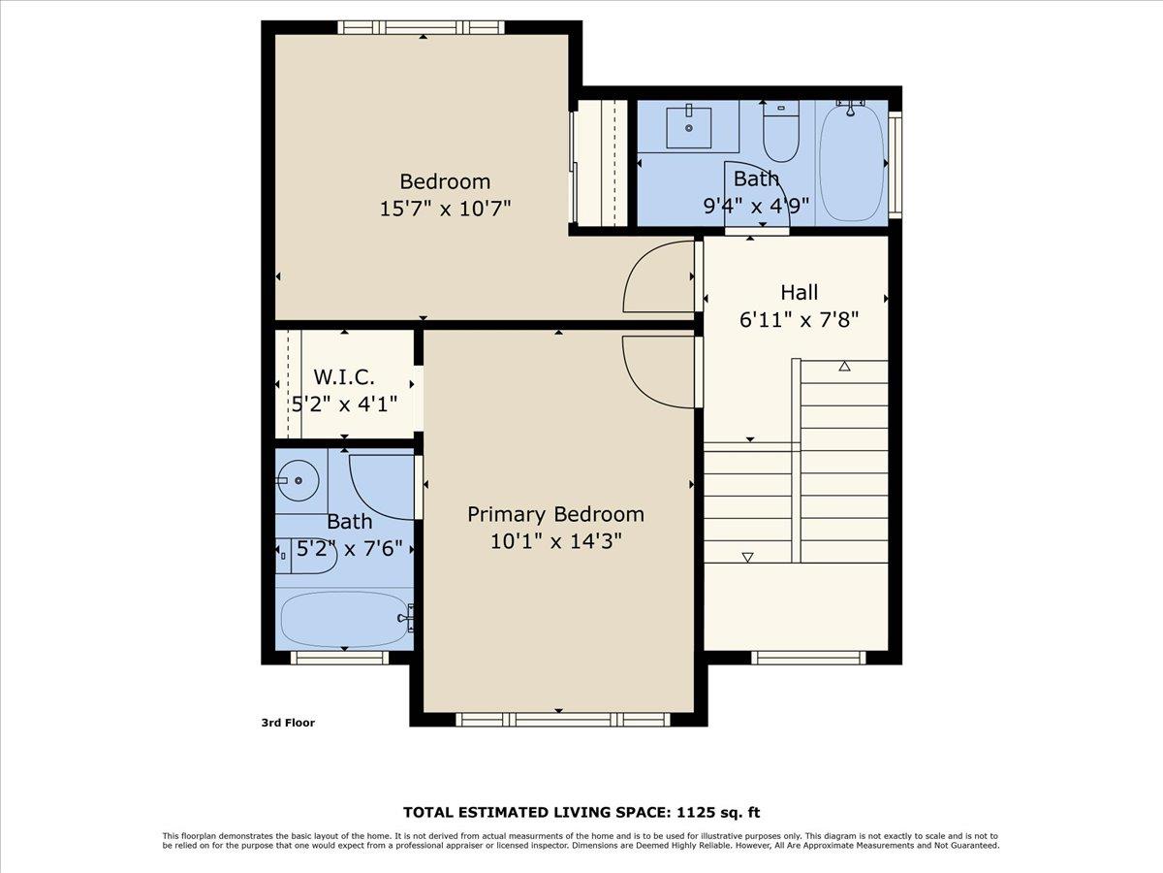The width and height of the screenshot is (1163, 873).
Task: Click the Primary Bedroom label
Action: point(555,514)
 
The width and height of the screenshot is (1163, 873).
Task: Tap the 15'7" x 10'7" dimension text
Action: point(445,208)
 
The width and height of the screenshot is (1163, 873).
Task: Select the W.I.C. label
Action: point(343,376)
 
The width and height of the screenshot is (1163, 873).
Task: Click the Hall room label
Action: point(799,292)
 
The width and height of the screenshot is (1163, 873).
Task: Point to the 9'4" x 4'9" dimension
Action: point(756,205)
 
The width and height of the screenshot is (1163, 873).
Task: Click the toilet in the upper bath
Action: point(780,137)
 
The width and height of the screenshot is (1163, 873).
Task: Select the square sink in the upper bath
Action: point(689,127)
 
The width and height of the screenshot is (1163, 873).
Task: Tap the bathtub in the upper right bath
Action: point(853,161)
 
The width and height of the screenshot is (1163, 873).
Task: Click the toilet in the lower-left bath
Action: point(304,555)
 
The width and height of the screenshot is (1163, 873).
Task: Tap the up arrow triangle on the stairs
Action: point(844,366)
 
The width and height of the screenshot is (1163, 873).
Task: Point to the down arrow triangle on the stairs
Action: point(747,557)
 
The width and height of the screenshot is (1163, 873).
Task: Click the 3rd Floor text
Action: point(288,723)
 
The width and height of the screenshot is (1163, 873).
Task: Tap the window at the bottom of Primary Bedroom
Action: point(562,720)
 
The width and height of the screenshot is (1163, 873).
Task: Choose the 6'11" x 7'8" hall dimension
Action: point(799,318)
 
